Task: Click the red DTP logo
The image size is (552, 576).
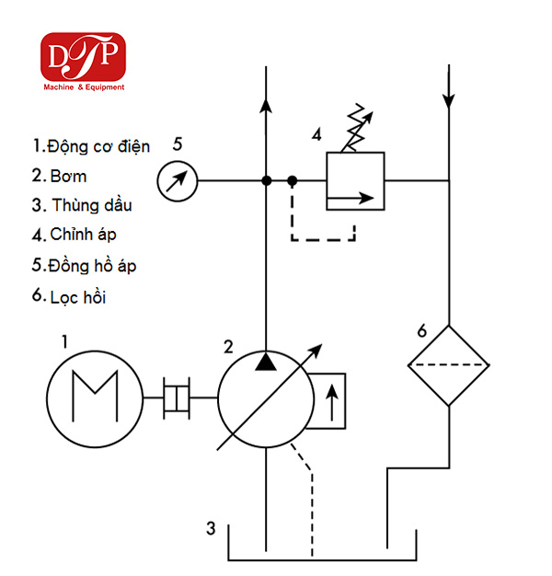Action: point(83,57)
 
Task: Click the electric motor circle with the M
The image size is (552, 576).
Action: point(95,399)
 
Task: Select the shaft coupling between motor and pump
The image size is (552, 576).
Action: point(177,397)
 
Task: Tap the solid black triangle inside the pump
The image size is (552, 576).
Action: point(266,361)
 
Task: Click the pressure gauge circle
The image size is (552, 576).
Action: point(178,180)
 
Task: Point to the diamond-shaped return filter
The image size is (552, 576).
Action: point(448,365)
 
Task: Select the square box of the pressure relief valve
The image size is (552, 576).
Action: point(355,180)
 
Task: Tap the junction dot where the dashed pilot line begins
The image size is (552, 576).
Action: point(292,180)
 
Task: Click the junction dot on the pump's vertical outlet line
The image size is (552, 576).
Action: point(267,180)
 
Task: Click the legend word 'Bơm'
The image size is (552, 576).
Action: point(68,177)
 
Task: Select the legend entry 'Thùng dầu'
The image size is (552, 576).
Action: point(92,205)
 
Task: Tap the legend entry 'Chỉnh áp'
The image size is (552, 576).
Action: point(83,235)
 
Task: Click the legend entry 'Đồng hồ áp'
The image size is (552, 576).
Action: point(92,266)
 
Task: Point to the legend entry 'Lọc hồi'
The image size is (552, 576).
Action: point(78,297)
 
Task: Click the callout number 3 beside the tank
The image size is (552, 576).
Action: point(211,528)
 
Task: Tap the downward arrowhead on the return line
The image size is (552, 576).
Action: point(448,101)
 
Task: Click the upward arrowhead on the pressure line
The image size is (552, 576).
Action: point(266,105)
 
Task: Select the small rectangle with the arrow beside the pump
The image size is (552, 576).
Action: point(327,401)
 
